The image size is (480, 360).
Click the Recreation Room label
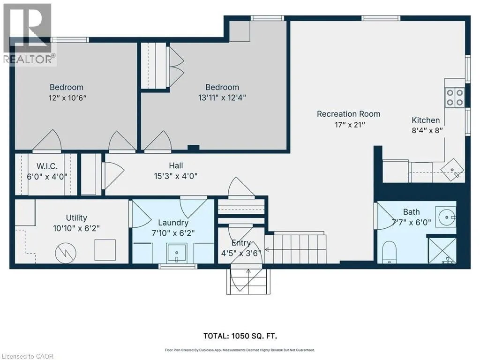point(348,114)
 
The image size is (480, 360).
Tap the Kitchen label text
point(426,120)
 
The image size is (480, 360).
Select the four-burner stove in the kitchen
point(455,97)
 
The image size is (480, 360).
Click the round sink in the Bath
point(447,217)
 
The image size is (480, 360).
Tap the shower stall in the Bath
point(442,250)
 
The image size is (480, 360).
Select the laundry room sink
point(177,253)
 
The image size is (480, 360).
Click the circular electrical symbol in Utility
point(66,253)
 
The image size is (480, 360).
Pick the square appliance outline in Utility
point(105,250)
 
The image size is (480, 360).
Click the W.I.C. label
point(47,166)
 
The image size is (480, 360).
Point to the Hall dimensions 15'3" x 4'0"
point(176,176)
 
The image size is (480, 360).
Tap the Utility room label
point(76,217)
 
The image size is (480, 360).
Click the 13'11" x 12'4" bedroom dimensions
point(222,97)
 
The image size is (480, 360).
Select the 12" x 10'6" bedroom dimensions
point(67,98)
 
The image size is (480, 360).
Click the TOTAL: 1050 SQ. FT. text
point(240,336)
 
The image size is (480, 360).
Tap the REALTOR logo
point(30,34)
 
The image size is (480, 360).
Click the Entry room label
point(241,243)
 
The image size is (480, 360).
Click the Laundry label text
point(173,223)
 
